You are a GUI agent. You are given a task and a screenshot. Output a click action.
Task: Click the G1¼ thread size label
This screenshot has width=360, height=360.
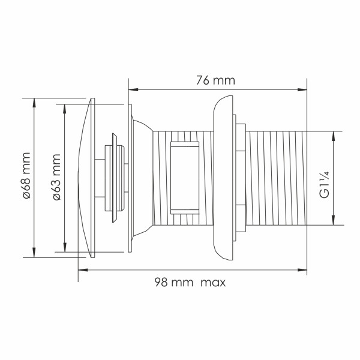click(323, 185)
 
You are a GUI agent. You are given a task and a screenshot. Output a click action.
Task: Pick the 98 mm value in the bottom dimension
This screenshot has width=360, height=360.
click(171, 283)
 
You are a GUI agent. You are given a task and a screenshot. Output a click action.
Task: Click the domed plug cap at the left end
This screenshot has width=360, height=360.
click(86, 178)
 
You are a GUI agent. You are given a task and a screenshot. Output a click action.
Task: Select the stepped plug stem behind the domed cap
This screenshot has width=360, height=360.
click(115, 178)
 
